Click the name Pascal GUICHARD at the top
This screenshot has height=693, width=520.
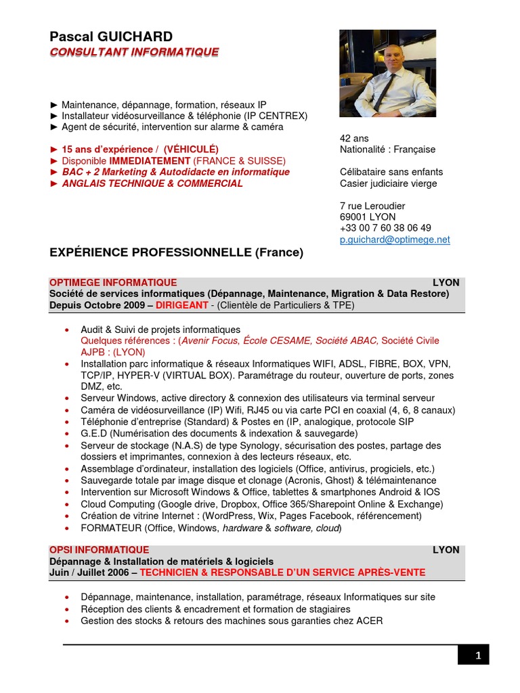click(111, 37)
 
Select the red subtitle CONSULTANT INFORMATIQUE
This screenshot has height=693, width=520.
click(134, 52)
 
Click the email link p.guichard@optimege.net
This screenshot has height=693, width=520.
click(395, 240)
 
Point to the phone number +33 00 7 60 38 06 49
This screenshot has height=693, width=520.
click(385, 228)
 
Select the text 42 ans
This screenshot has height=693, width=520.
click(354, 138)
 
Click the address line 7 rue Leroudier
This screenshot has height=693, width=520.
click(372, 206)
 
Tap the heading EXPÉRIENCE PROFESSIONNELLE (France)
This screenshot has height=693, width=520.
click(177, 252)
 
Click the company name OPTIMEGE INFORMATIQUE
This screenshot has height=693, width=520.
click(113, 282)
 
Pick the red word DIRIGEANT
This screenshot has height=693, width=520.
click(181, 305)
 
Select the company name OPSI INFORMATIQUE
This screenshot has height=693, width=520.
click(99, 550)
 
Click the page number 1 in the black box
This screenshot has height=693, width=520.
click(477, 655)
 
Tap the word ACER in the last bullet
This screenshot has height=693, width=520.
click(370, 621)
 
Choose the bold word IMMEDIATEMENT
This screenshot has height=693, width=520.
click(150, 161)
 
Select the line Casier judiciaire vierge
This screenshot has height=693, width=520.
click(388, 183)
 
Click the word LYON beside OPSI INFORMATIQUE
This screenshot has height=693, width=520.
click(446, 550)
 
